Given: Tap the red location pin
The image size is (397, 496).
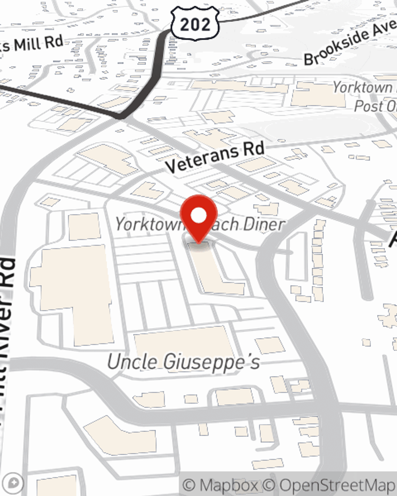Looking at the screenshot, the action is (x=198, y=218).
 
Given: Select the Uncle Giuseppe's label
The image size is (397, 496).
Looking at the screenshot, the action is (x=183, y=362).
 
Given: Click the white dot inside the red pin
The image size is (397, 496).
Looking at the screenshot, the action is (x=198, y=216).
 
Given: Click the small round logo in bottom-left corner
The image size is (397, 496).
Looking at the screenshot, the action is (x=15, y=483).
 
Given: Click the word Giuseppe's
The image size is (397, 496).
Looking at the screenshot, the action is (x=212, y=362).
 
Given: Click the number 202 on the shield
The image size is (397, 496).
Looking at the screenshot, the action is (x=195, y=25).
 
